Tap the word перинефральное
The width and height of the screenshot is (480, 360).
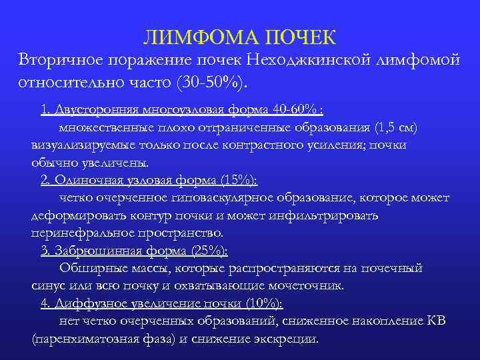coord(77,233)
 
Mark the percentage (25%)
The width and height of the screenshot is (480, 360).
coord(209,251)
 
